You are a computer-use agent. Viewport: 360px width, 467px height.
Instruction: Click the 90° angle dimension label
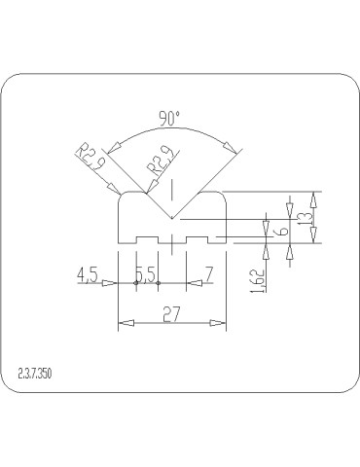(169, 119)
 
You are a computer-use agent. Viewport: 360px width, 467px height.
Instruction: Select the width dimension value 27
(172, 313)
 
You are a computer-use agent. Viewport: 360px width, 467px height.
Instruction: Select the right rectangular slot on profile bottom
(199, 238)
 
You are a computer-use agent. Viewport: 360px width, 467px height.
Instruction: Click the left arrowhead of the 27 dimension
(122, 325)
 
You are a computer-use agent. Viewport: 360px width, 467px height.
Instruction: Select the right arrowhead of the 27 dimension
(223, 325)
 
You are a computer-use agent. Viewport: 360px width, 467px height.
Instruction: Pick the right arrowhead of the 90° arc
(230, 148)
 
